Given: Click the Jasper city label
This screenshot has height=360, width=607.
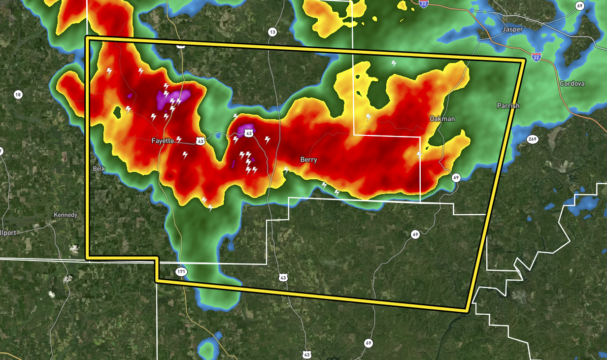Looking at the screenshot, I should coord(512,29).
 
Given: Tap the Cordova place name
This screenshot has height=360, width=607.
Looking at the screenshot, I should coord(572,83).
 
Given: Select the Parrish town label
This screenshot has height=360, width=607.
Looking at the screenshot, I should coord(507,105).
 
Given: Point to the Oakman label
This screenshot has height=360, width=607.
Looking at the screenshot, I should coord(442,119).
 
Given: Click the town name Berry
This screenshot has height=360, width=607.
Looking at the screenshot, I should coord(309,160).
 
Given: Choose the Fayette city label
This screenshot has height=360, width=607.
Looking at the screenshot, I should coord(163,141).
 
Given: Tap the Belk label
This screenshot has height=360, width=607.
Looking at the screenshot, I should coord(99,168).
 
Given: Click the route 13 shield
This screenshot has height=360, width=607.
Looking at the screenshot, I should coord(272,32).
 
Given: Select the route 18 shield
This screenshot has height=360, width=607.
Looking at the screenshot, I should coord(18,95).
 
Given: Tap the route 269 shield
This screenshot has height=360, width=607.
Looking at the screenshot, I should coord(532,139).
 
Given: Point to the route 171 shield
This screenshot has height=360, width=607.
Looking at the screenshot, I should coord(181,272).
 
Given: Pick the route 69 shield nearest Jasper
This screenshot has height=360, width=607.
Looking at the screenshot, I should coord(580,5).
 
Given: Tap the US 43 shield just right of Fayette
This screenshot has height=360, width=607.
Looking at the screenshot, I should coord(200,141).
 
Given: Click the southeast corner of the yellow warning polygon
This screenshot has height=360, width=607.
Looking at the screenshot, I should coord(467,310).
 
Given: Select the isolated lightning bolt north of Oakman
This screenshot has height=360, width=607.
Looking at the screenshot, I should coord(394,63).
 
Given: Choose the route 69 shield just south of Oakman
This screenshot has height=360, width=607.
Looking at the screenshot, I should coord(456,177).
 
